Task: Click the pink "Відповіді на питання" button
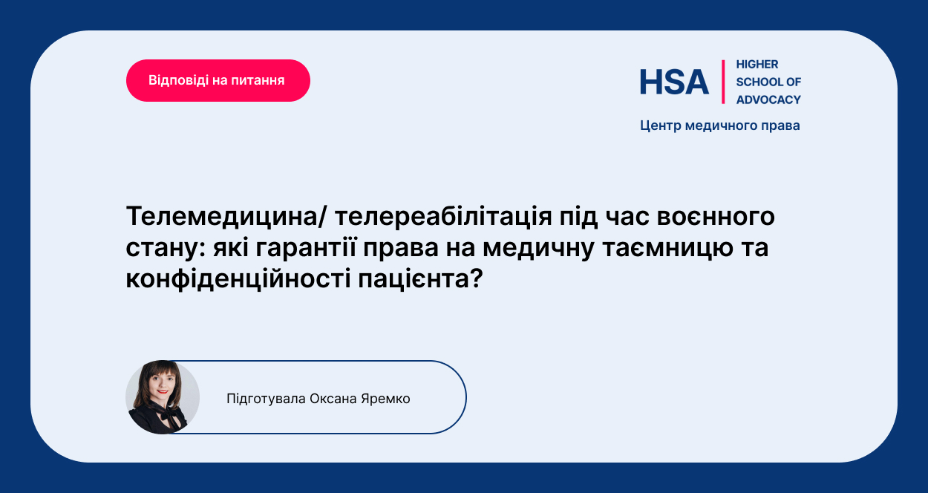click(x=218, y=80)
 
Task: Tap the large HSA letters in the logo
click(x=674, y=82)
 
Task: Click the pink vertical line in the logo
click(x=723, y=82)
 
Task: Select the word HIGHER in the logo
click(x=757, y=65)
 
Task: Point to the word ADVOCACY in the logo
click(x=768, y=99)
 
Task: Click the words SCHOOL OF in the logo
click(x=768, y=82)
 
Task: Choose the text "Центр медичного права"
click(x=720, y=125)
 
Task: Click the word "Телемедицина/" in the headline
click(x=226, y=217)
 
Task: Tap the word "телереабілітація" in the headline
click(x=443, y=217)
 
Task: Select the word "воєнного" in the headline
click(x=716, y=217)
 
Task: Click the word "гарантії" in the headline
click(x=306, y=248)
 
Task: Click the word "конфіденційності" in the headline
click(x=238, y=279)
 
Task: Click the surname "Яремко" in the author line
click(x=385, y=399)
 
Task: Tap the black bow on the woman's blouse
click(x=169, y=414)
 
